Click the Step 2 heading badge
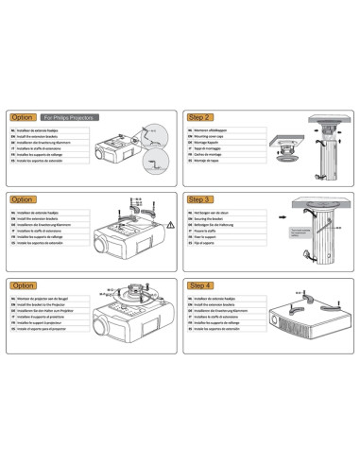(x=199, y=116)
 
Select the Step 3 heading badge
(x=199, y=200)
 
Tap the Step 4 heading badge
(x=199, y=284)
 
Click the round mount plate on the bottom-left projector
(x=133, y=301)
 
